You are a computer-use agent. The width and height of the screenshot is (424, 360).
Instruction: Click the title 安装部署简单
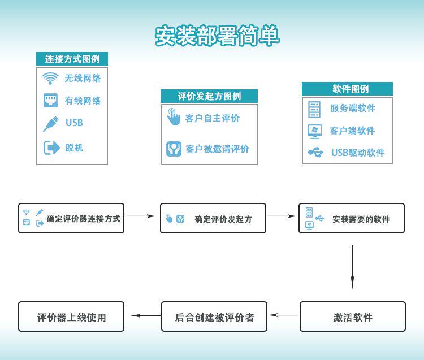(217, 36)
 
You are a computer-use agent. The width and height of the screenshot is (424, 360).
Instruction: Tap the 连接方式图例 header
(72, 59)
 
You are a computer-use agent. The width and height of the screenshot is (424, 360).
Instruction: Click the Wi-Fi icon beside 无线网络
(51, 78)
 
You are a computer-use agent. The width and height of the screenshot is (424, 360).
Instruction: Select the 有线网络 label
(83, 101)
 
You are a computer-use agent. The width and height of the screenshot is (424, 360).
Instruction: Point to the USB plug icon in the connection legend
(51, 123)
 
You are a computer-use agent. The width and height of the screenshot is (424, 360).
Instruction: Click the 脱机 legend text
(74, 148)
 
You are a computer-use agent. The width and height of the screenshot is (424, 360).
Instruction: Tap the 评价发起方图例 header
(209, 96)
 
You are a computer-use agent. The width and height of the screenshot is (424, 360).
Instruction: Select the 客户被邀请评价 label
(217, 149)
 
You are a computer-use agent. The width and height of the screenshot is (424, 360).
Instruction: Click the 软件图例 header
(347, 89)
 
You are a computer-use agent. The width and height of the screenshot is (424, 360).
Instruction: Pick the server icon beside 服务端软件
(314, 108)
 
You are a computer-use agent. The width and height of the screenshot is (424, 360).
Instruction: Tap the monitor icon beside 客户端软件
(314, 131)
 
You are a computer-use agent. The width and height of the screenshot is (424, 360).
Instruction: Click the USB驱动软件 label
(357, 153)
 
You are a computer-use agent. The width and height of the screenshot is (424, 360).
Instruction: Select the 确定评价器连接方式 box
(71, 218)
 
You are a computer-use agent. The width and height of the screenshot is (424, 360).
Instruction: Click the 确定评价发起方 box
(213, 218)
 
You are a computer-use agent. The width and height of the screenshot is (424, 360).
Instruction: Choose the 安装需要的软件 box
(352, 218)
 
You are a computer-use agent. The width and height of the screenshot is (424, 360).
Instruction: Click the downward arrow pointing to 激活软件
(352, 266)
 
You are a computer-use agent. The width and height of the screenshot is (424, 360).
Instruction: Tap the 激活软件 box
(352, 316)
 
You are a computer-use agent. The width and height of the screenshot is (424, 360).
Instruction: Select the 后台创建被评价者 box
(214, 316)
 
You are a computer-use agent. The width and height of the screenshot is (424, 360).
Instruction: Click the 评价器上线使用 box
(71, 316)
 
